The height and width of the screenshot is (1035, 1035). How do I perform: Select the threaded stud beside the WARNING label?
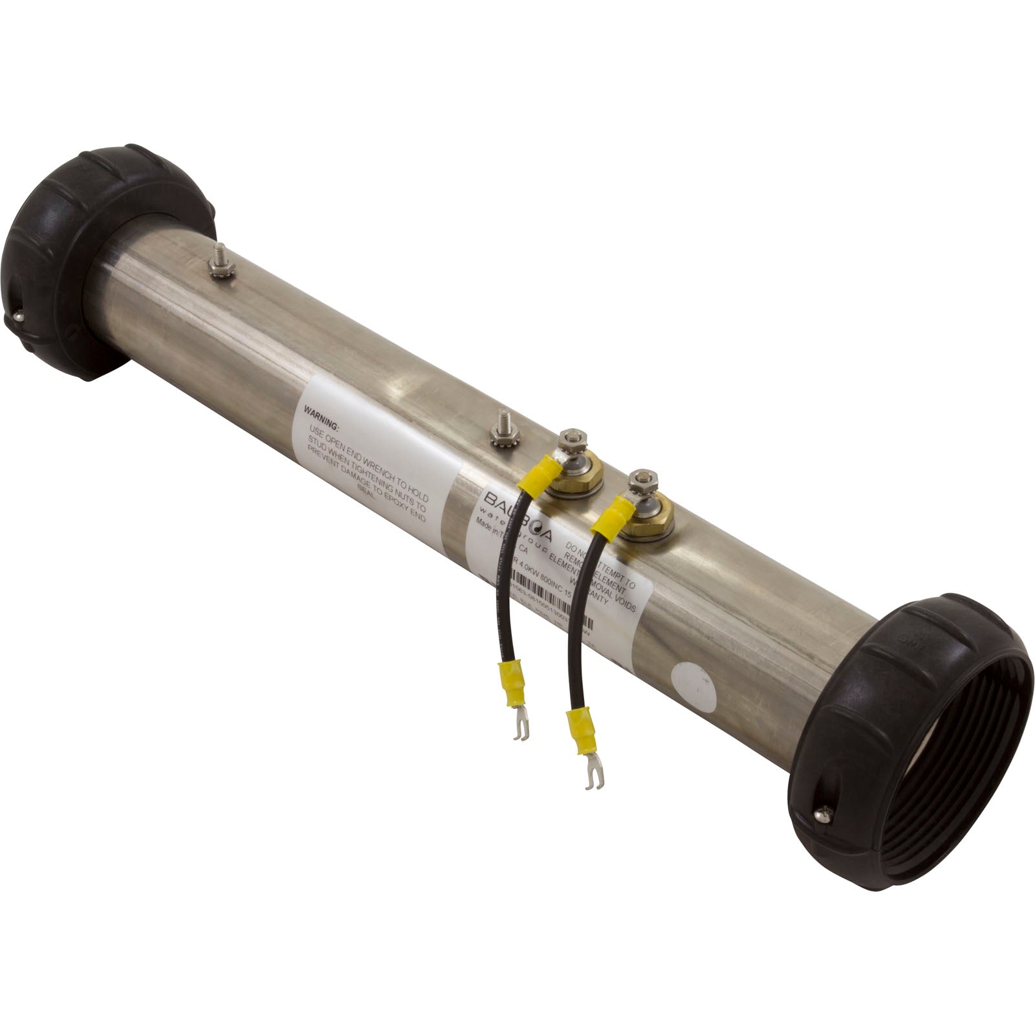coord(501,430)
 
